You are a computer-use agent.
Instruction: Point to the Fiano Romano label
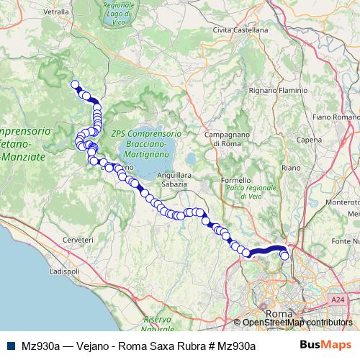click(336, 117)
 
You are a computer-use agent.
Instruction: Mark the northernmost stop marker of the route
click(74, 84)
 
